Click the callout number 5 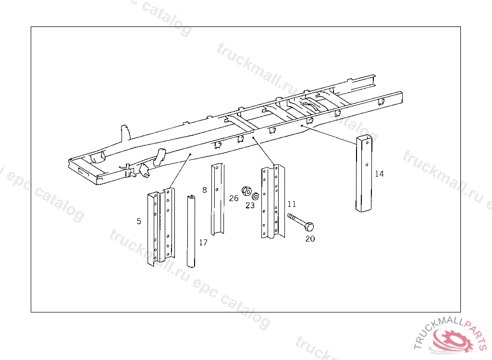(139, 221)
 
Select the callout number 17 (203, 242)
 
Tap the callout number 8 (205, 190)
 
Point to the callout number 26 (234, 198)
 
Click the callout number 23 (250, 205)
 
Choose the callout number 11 (292, 204)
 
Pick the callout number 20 (310, 239)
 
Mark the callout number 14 (380, 174)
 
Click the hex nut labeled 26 (246, 191)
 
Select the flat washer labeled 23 (256, 196)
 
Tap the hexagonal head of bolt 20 (309, 227)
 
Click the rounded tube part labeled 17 (191, 231)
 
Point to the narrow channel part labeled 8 (218, 199)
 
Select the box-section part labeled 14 (364, 174)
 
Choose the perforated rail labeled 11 (273, 201)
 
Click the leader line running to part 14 (329, 135)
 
